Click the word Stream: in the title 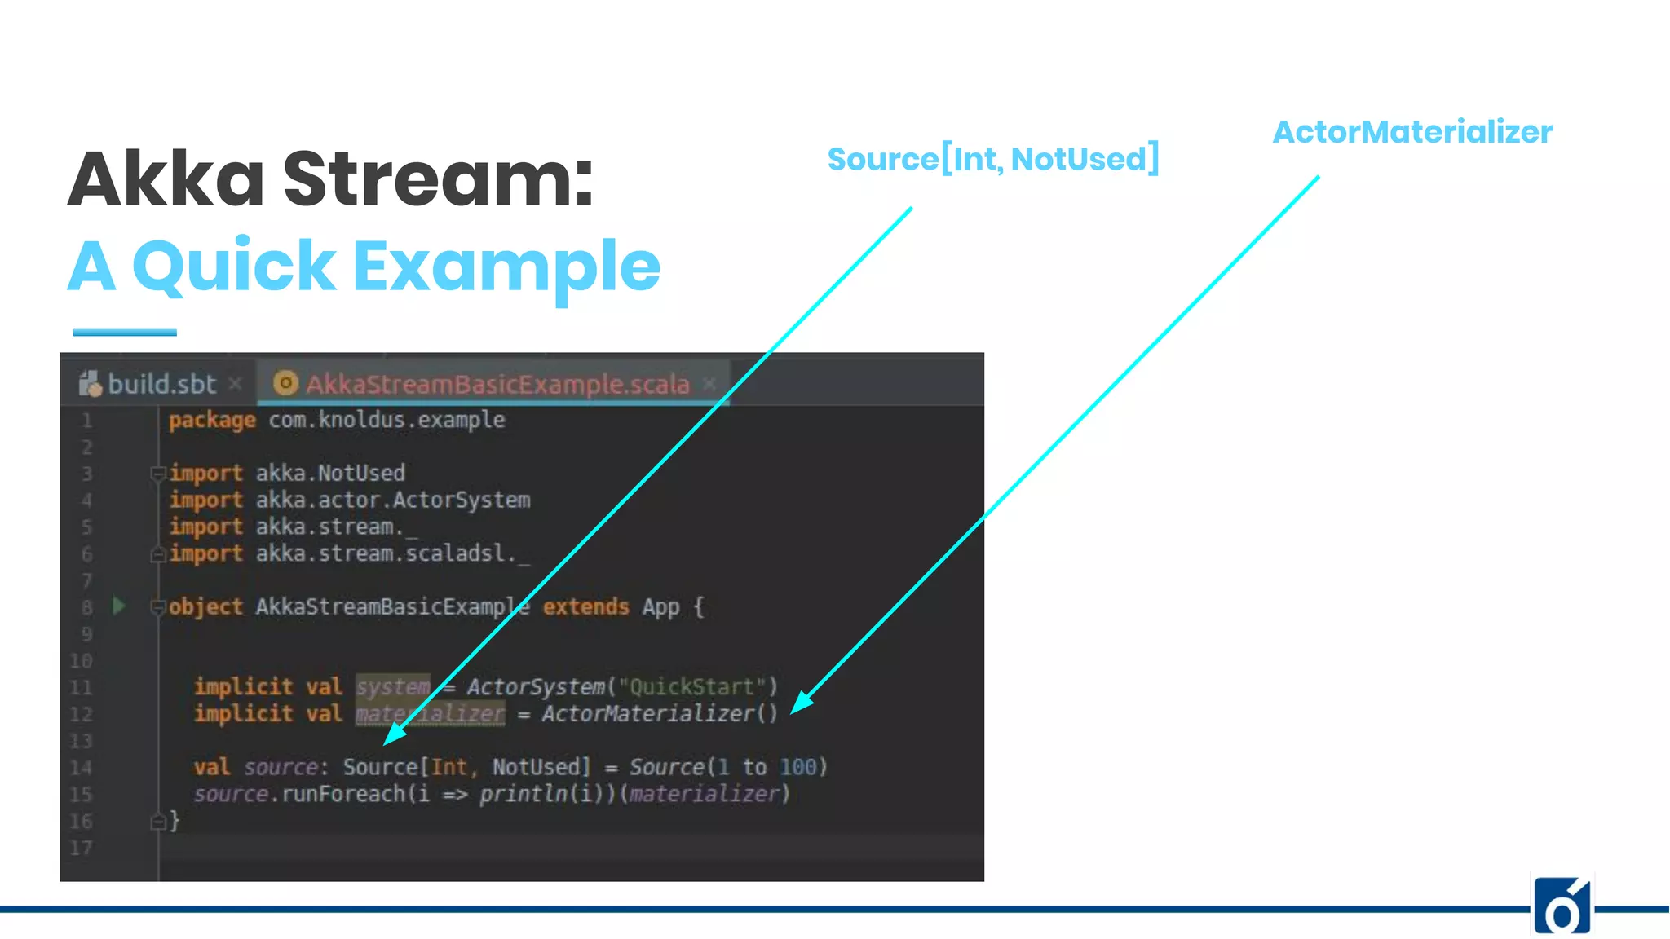pyautogui.click(x=438, y=179)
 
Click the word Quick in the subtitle pyautogui.click(x=233, y=267)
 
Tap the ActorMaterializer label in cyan pyautogui.click(x=1412, y=132)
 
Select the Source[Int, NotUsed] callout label pyautogui.click(x=992, y=159)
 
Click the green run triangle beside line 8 pyautogui.click(x=119, y=606)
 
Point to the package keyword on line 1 pyautogui.click(x=212, y=420)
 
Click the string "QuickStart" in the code pyautogui.click(x=691, y=687)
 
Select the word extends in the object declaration pyautogui.click(x=585, y=607)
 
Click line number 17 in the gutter pyautogui.click(x=81, y=848)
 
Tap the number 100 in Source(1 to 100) pyautogui.click(x=797, y=767)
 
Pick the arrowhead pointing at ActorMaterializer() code pyautogui.click(x=801, y=703)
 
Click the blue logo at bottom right pyautogui.click(x=1562, y=906)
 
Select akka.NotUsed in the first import pyautogui.click(x=329, y=474)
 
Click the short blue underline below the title pyautogui.click(x=125, y=333)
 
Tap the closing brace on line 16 pyautogui.click(x=174, y=821)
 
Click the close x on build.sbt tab pyautogui.click(x=236, y=383)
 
